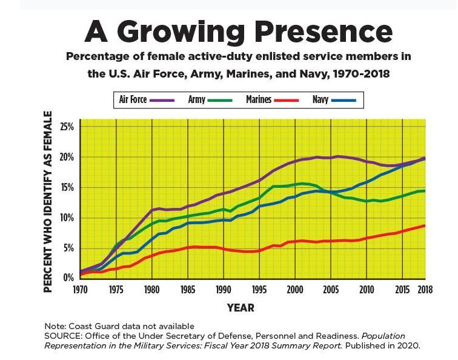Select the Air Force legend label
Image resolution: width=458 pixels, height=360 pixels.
pyautogui.click(x=133, y=99)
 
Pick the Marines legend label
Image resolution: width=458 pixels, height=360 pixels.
pyautogui.click(x=259, y=99)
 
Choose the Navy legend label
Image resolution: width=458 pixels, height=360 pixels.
pyautogui.click(x=320, y=99)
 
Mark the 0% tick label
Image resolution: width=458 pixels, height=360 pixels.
pyautogui.click(x=68, y=278)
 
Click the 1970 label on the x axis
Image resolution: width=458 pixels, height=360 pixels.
pyautogui.click(x=81, y=289)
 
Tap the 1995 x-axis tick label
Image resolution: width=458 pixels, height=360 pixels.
pyautogui.click(x=259, y=289)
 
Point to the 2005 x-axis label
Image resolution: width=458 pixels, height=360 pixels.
pyautogui.click(x=330, y=289)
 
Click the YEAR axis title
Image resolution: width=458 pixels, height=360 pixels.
pyautogui.click(x=241, y=308)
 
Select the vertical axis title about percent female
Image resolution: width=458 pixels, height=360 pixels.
pyautogui.click(x=48, y=202)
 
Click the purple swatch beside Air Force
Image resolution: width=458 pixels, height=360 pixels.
pyautogui.click(x=162, y=100)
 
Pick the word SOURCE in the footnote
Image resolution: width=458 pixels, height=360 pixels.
pyautogui.click(x=61, y=336)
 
